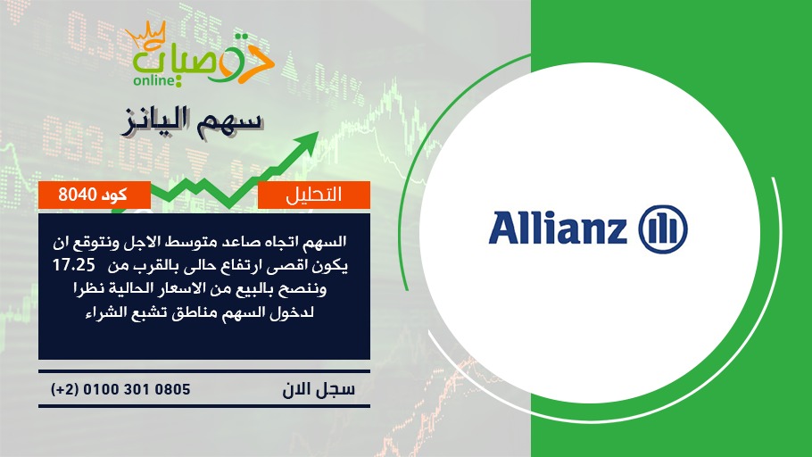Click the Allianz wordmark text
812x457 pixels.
point(558,228)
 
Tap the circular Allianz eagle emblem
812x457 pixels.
point(663,229)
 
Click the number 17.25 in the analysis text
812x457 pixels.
point(74,265)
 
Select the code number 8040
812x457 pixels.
point(78,195)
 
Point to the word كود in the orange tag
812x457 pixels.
point(114,195)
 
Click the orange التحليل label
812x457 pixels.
point(314,195)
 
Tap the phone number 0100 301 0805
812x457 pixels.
point(137,389)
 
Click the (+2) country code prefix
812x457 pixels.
point(64,389)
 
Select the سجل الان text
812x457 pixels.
point(319,389)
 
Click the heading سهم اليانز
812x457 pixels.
point(192,122)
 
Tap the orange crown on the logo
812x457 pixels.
point(145,34)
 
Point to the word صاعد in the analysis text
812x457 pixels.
point(237,242)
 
